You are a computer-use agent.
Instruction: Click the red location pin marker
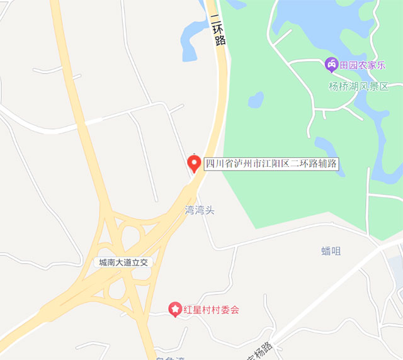[195, 163]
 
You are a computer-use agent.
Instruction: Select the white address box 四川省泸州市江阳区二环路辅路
[272, 164]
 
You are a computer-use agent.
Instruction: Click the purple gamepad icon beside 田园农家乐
[331, 64]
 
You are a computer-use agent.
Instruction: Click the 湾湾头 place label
[200, 210]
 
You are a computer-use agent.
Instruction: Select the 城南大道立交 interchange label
[123, 262]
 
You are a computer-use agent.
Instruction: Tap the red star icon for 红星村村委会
[174, 310]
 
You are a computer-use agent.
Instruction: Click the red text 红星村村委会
[212, 310]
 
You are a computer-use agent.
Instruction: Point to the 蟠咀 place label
[331, 251]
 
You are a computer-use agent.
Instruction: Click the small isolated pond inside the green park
[256, 99]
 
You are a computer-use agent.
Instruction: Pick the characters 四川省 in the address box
[220, 164]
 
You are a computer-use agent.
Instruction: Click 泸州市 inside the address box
[249, 164]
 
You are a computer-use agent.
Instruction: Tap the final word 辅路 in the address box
[328, 164]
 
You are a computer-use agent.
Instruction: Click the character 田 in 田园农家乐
[344, 64]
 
